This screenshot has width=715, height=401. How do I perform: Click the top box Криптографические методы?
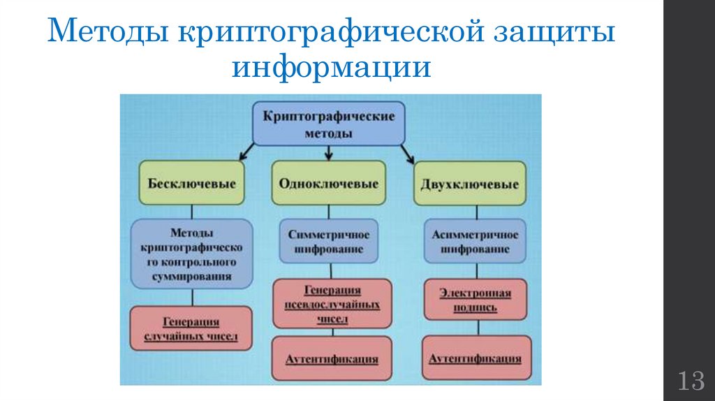(x=327, y=123)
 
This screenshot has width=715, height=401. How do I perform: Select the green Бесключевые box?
(x=191, y=184)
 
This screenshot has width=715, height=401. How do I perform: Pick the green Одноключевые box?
(x=328, y=184)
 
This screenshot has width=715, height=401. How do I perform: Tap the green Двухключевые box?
(x=469, y=184)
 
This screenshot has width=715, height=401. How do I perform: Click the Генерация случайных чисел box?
(x=191, y=329)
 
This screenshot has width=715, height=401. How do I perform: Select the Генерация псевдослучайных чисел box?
(x=332, y=304)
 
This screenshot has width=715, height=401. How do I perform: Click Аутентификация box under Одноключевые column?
(x=332, y=358)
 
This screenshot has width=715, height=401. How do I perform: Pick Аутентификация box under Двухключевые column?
(x=474, y=358)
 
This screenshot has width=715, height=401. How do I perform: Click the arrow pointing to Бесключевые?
(x=244, y=150)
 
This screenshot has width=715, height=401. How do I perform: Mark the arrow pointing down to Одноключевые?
(x=328, y=151)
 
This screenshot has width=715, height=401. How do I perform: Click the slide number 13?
(x=689, y=381)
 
